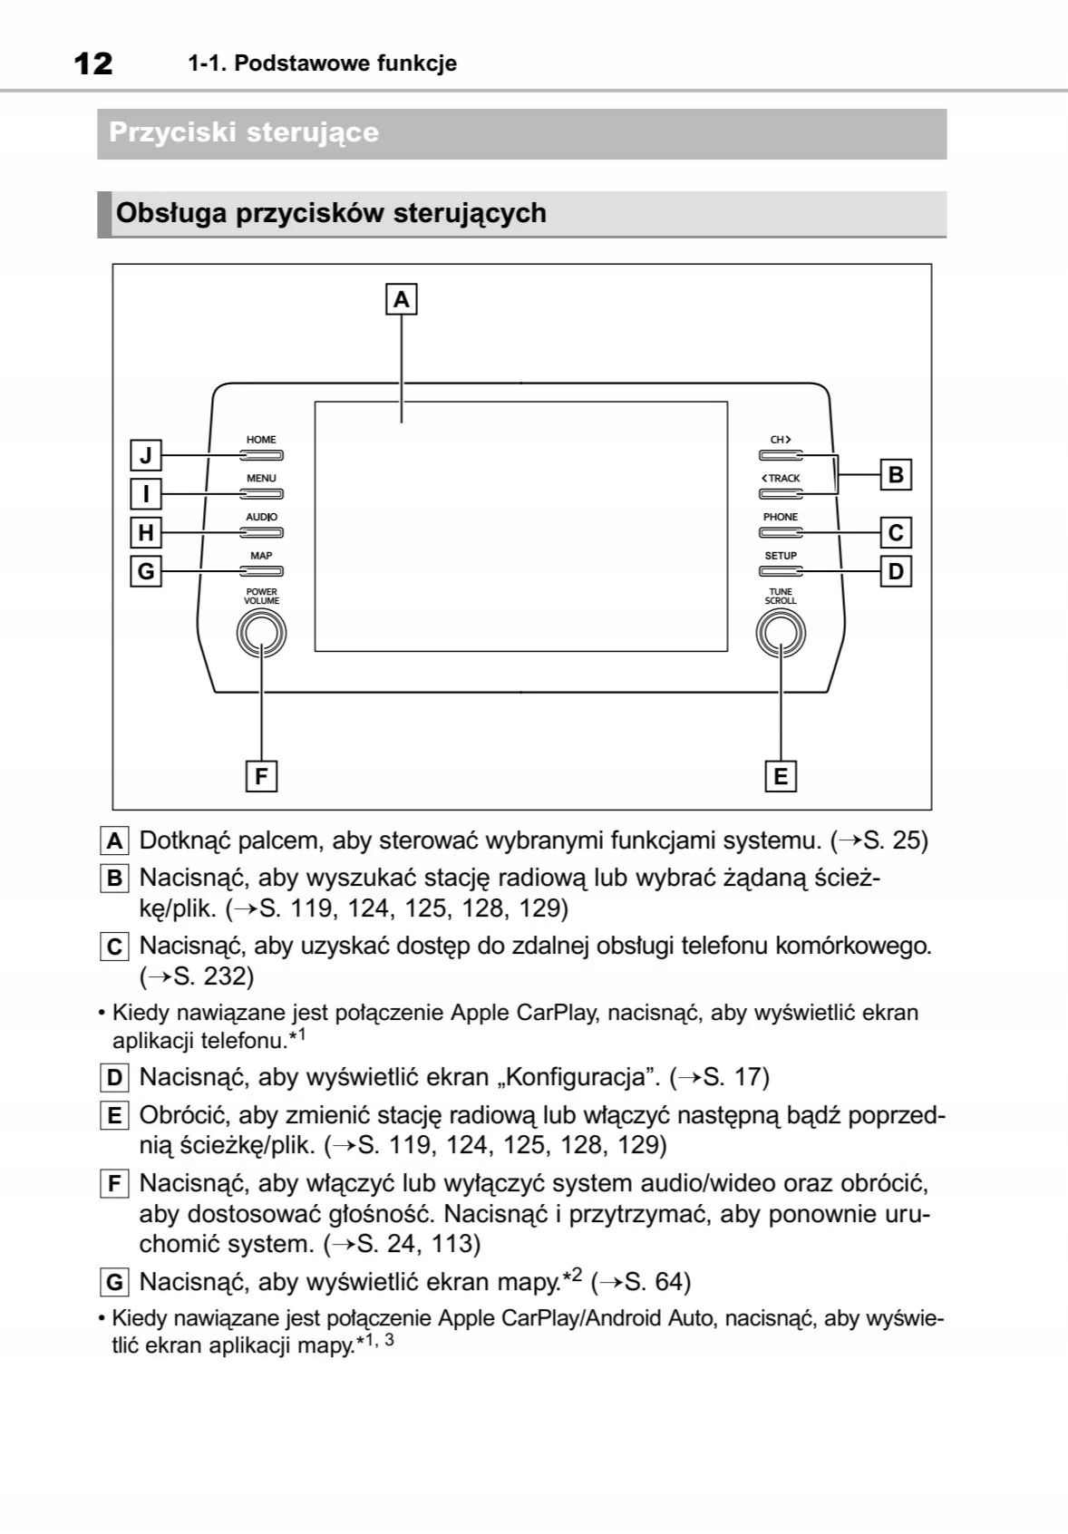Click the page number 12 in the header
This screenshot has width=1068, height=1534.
93,63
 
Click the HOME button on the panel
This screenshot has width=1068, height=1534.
261,455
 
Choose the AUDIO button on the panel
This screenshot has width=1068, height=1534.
261,532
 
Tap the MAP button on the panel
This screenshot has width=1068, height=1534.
261,571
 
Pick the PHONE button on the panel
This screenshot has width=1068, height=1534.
781,532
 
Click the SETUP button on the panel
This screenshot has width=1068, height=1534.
781,571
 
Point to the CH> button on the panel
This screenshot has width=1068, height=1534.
781,455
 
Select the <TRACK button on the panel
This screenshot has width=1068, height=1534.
781,494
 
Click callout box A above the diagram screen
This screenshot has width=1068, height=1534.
402,298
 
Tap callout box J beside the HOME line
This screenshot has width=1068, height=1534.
146,454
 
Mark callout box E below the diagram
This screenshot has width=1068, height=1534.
781,776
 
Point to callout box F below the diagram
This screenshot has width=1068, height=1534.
261,776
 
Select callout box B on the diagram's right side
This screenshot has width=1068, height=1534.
896,474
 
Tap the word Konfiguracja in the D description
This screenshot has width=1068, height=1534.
578,1077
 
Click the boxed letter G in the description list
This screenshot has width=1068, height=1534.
114,1282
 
